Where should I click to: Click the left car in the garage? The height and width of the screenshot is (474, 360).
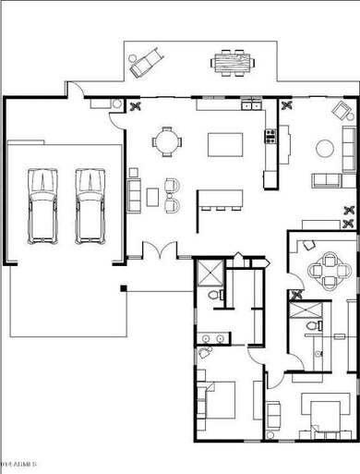pos(42,204)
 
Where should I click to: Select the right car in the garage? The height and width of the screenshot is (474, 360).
pos(89,204)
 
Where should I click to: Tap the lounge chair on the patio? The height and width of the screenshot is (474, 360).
pos(146,63)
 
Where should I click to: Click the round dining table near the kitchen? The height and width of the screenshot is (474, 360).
pos(167,142)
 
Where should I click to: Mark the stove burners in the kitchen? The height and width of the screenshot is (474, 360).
pos(271,139)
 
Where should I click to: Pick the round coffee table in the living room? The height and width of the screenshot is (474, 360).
pos(325,147)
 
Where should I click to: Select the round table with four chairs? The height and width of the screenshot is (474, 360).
pos(325,271)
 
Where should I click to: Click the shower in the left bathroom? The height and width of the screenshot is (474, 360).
pos(209,273)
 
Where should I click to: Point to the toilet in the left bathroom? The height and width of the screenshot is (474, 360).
pos(214,295)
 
